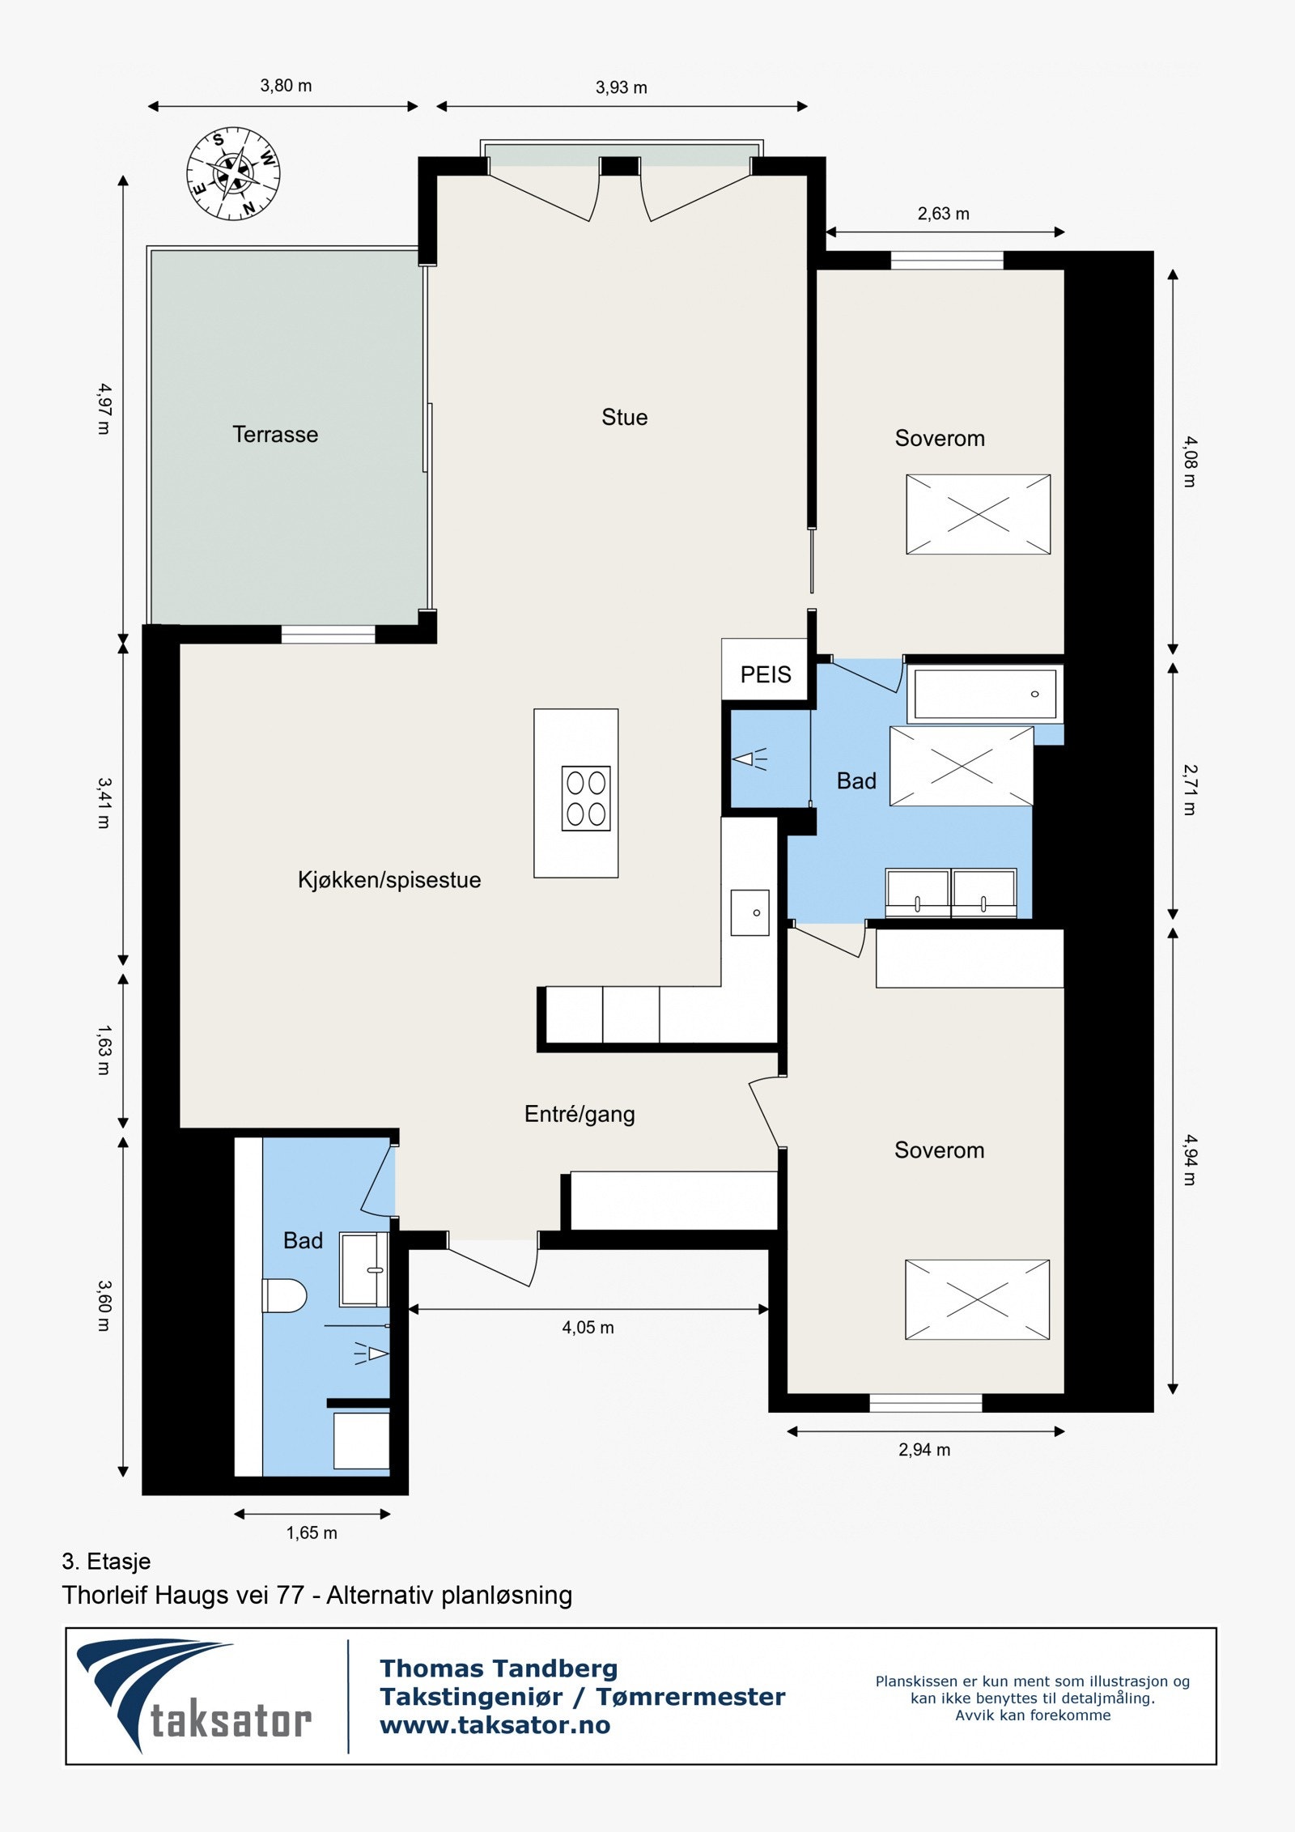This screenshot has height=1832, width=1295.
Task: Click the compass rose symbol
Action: coord(233,173)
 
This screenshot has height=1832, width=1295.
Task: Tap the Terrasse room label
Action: coord(275,435)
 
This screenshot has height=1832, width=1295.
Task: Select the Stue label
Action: coord(625,418)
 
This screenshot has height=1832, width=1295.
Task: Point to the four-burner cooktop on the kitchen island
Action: coord(586,798)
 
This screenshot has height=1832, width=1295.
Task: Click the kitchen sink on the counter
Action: coord(749,912)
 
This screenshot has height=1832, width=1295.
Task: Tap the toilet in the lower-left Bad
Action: coord(284,1295)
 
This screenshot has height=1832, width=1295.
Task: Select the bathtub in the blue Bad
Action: coord(985,694)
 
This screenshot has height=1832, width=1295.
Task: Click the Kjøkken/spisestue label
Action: coord(389,880)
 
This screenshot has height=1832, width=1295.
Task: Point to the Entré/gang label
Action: coord(580,1115)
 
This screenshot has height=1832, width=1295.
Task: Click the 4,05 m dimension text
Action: coord(588,1328)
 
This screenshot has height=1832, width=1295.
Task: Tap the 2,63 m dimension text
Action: coord(943,214)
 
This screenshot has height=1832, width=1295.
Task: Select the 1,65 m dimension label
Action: coord(312,1532)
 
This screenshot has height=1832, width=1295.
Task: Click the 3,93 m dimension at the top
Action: coord(622,87)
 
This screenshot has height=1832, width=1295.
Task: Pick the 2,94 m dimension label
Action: coord(924,1450)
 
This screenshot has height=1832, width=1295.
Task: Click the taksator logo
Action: coord(194,1696)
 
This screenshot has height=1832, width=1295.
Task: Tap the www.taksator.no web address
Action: coord(495,1725)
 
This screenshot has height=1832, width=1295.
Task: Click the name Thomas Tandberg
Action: coord(499,1668)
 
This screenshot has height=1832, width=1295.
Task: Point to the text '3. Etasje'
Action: coord(106,1562)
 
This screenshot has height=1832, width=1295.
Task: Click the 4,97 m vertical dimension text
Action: coord(104,408)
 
